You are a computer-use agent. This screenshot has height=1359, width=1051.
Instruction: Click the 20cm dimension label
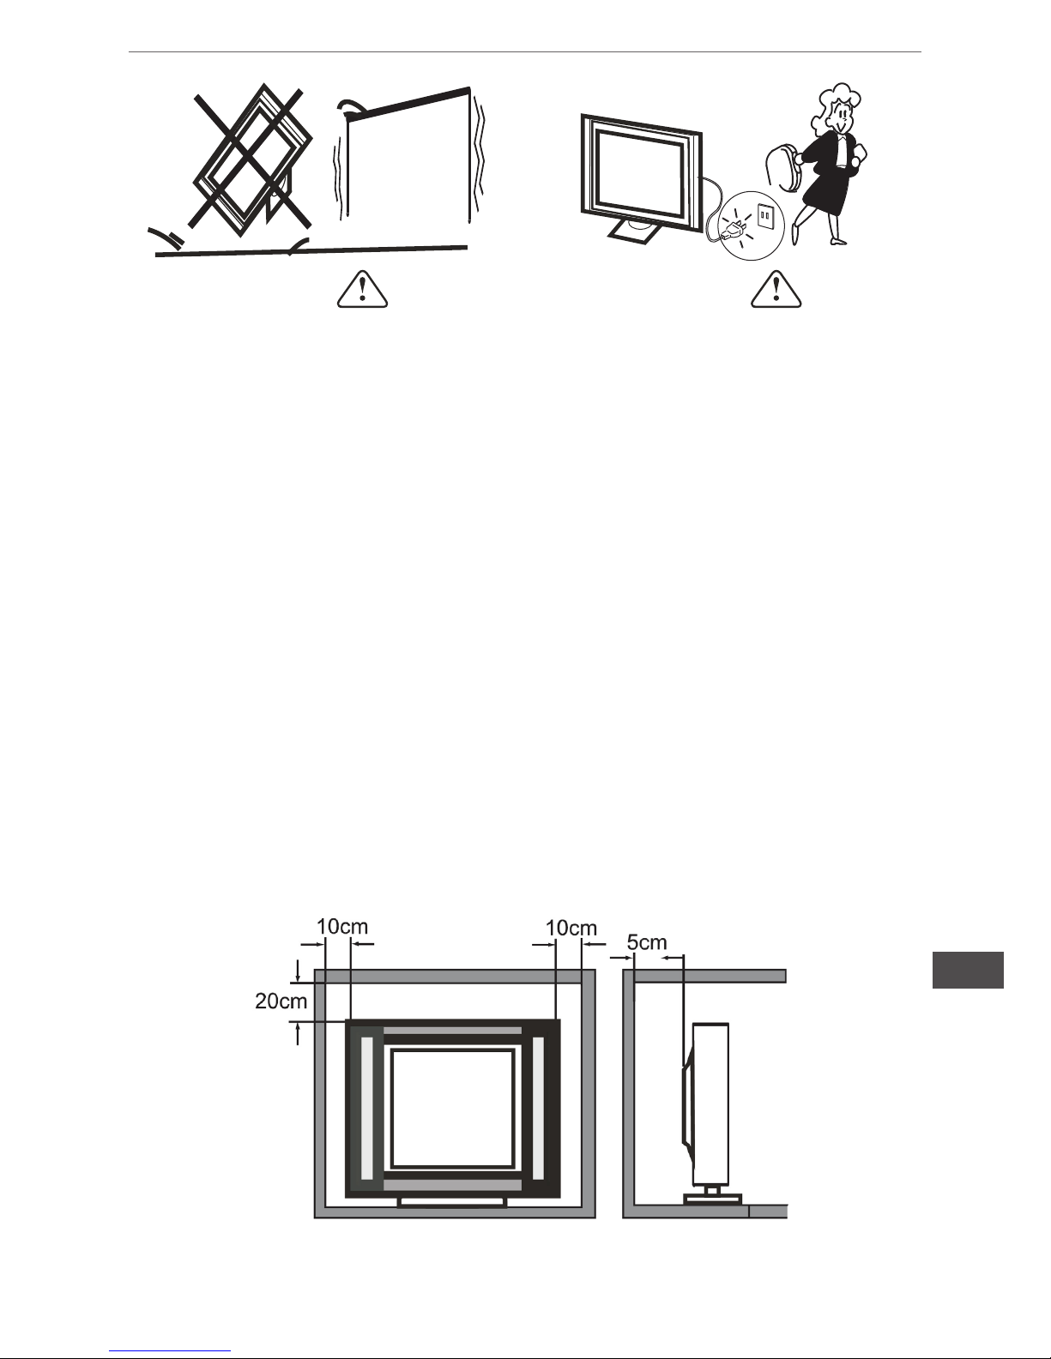click(x=281, y=1001)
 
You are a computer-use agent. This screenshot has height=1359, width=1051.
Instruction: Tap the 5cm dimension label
click(x=647, y=942)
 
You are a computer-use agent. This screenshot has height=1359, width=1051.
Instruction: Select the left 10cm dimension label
click(x=342, y=926)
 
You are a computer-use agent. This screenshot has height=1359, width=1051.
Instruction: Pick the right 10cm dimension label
click(x=571, y=928)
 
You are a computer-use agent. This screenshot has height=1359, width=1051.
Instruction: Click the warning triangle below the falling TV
click(x=362, y=290)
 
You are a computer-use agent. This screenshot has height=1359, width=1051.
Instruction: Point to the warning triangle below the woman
click(x=776, y=290)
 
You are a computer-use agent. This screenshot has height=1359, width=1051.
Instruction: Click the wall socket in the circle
click(x=766, y=216)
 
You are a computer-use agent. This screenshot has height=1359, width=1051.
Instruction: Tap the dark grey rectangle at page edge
click(x=968, y=970)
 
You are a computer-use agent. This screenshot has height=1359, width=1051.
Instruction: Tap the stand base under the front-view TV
click(x=451, y=1201)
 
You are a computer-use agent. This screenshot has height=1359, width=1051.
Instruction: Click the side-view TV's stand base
click(x=713, y=1199)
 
